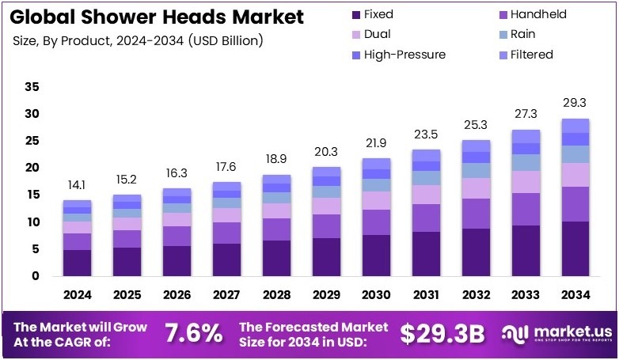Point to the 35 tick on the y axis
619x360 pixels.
[x=32, y=86]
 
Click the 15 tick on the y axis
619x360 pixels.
[x=32, y=195]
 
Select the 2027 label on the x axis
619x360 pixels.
[x=227, y=295]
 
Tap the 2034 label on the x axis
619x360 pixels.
[x=576, y=295]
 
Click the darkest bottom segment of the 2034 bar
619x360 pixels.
[x=576, y=248]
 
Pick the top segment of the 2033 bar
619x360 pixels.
[x=526, y=136]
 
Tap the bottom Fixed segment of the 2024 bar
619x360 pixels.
[x=78, y=263]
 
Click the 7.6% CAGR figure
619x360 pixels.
[x=192, y=333]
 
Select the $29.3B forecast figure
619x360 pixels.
[x=442, y=333]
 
